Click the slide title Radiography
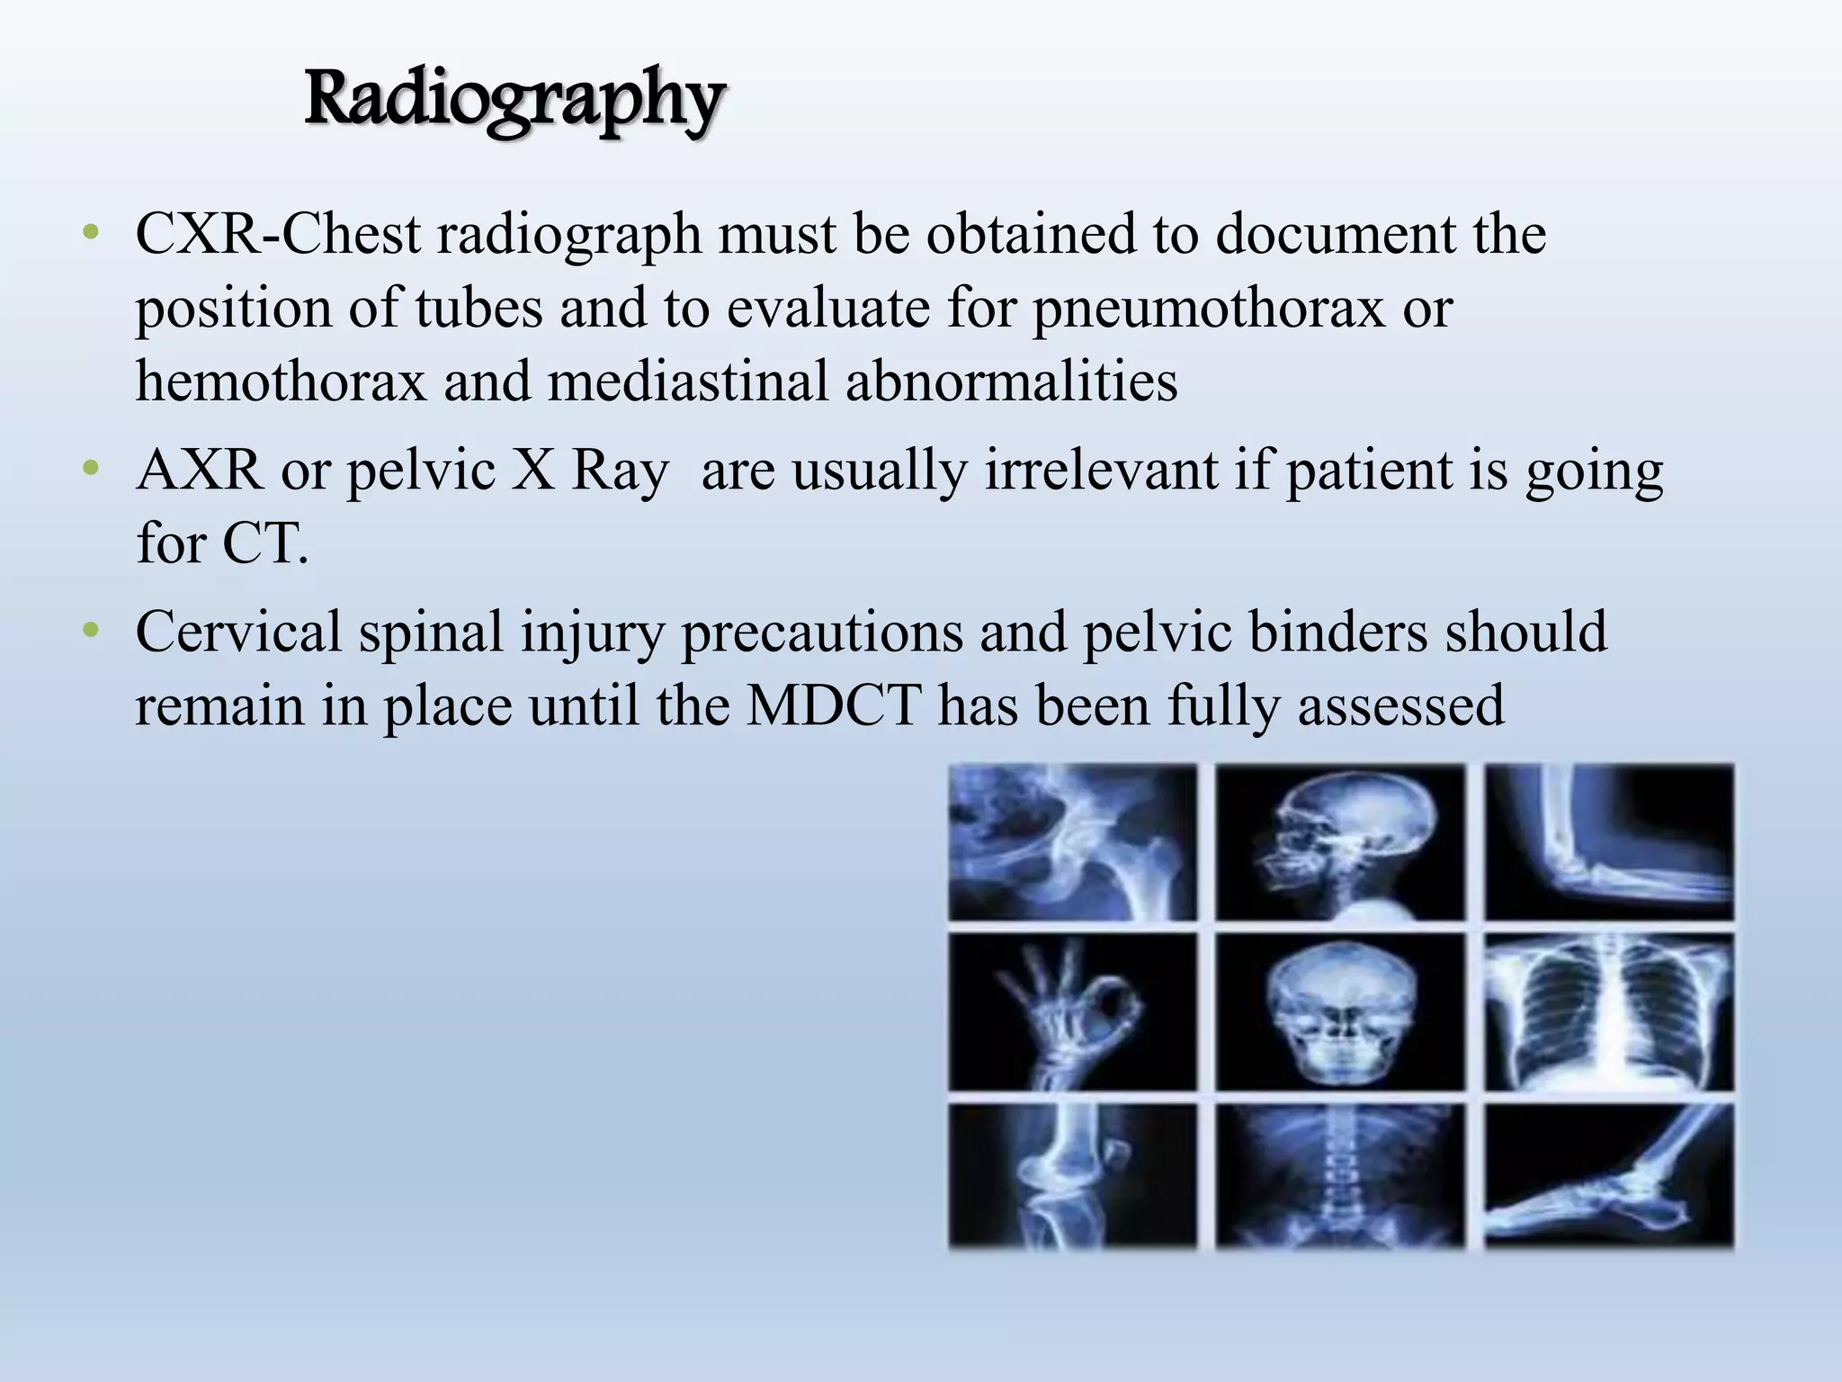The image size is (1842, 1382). (x=514, y=101)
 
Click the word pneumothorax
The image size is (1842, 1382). (x=1208, y=309)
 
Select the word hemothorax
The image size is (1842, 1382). (x=281, y=381)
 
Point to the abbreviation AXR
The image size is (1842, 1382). (x=200, y=471)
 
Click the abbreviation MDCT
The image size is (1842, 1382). (x=834, y=705)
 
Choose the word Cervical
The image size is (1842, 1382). (x=238, y=632)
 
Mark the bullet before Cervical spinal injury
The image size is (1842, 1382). (x=89, y=632)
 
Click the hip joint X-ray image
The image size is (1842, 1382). (x=1073, y=842)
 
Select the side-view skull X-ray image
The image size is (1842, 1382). (x=1340, y=842)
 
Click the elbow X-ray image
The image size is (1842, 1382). (x=1609, y=842)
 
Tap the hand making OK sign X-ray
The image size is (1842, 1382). (x=1073, y=1012)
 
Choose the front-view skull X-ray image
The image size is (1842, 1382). (x=1340, y=1012)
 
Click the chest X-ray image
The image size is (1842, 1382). (x=1609, y=1012)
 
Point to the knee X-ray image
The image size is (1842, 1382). (x=1073, y=1176)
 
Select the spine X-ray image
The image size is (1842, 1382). (x=1340, y=1176)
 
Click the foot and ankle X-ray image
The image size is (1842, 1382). (x=1609, y=1176)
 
